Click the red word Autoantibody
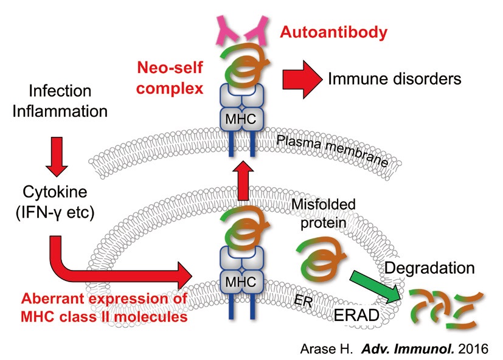pos(333,32)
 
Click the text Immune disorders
pos(395,78)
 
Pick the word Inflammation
pos(60,112)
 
